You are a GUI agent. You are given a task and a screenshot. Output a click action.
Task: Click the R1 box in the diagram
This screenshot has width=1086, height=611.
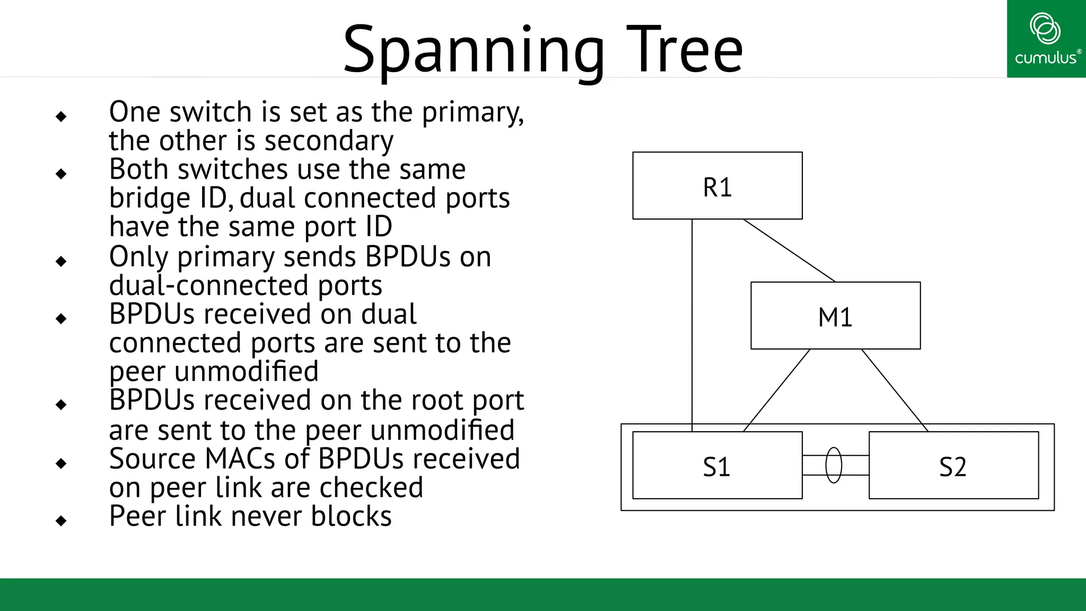(717, 186)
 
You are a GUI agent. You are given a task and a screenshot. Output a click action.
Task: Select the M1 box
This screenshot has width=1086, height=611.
(835, 316)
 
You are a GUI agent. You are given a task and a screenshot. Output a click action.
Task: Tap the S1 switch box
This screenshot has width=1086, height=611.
(717, 465)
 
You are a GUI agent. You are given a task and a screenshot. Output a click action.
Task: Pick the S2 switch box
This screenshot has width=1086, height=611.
(953, 465)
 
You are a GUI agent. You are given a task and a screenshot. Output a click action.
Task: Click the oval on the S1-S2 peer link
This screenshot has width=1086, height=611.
(834, 465)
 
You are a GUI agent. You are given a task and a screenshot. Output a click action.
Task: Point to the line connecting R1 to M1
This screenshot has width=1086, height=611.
(789, 250)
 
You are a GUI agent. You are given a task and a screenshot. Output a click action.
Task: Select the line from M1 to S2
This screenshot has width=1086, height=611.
(895, 390)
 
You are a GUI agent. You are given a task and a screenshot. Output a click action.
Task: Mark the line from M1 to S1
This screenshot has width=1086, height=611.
(777, 390)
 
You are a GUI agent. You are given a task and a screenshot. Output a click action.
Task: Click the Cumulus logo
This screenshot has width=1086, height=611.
(1046, 38)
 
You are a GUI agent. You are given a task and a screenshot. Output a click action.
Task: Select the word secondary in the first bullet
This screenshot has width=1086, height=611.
(329, 141)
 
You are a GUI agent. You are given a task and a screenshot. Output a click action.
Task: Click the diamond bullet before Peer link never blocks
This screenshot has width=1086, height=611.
(61, 521)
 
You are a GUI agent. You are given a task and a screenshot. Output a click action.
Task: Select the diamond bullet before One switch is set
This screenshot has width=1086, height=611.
(61, 116)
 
